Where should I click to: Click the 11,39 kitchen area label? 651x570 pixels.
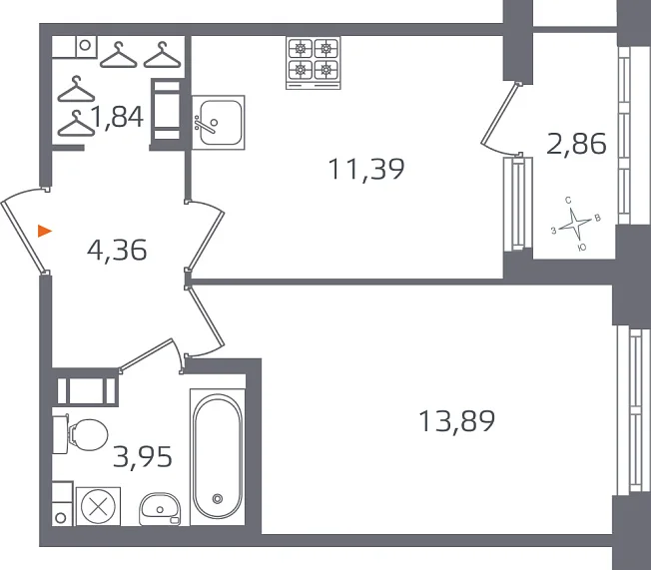365,169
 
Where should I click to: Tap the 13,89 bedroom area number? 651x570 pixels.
456,420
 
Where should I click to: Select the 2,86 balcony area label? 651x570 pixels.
576,144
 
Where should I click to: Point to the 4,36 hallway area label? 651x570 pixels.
117,250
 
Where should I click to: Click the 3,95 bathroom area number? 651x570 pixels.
143,456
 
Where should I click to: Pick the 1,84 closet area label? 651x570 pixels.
118,116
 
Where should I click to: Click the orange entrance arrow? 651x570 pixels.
44,231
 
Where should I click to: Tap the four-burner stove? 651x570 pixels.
314,63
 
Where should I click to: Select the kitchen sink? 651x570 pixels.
219,123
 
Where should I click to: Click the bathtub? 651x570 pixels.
217,456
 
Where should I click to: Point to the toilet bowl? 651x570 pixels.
81,434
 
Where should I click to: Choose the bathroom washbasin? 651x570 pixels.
160,509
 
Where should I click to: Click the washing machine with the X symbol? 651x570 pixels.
98,506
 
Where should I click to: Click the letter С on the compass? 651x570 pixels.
568,201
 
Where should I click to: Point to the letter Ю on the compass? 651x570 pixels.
582,248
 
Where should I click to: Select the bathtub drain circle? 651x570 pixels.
217,498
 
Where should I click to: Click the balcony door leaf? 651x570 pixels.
500,114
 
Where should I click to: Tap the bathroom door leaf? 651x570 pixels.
146,354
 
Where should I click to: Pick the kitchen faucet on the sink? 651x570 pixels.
204,124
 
